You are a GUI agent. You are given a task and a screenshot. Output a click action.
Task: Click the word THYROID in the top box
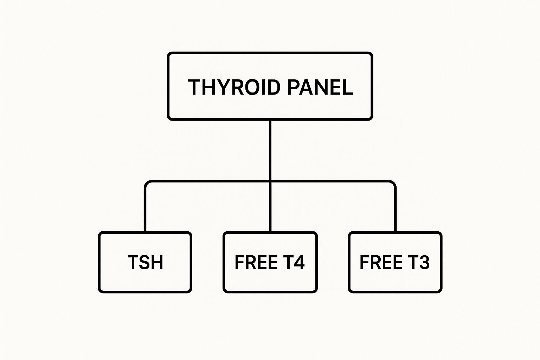coord(234,87)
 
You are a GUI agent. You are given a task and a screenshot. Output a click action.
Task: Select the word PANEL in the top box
coord(320,87)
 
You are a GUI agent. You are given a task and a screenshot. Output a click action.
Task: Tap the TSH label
coord(145,262)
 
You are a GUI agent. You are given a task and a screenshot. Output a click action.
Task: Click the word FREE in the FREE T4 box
coord(256,262)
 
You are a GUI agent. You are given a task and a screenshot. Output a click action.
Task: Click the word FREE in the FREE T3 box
coord(381,262)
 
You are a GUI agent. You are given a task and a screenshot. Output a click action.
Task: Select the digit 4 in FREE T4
coord(299,262)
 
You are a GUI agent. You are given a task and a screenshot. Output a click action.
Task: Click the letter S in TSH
coord(145,262)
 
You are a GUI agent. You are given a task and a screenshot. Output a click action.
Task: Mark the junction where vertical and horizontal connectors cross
coord(270,181)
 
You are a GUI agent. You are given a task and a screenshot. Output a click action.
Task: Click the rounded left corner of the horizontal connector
coord(147,183)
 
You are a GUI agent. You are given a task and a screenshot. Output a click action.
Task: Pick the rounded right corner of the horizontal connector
coord(393,183)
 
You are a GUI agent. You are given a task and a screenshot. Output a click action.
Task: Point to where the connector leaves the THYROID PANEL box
coord(270,120)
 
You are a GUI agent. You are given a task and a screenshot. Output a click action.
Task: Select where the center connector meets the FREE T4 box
coord(270,232)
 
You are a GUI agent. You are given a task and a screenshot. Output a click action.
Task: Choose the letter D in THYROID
coord(274,87)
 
